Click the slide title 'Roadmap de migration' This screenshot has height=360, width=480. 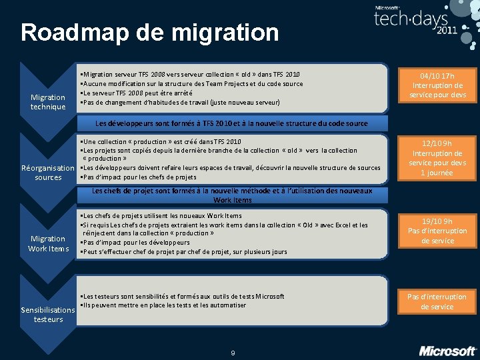point(149,32)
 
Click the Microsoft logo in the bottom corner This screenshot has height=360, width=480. point(447,350)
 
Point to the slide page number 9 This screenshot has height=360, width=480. point(233,353)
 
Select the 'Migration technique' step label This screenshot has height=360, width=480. point(48,102)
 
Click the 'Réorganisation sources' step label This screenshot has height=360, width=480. point(48,173)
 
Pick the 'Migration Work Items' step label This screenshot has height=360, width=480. point(48,243)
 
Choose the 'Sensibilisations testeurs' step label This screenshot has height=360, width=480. point(48,315)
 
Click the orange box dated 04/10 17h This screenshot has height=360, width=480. point(438,85)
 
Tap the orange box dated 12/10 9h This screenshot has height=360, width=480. point(438,158)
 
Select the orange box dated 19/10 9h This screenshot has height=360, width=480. point(438,231)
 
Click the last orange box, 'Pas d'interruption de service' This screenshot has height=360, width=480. point(438,301)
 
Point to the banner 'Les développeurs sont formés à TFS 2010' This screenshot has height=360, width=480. point(231,123)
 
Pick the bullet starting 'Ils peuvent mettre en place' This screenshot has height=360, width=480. point(163,305)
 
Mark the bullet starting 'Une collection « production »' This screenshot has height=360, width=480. point(160,141)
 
